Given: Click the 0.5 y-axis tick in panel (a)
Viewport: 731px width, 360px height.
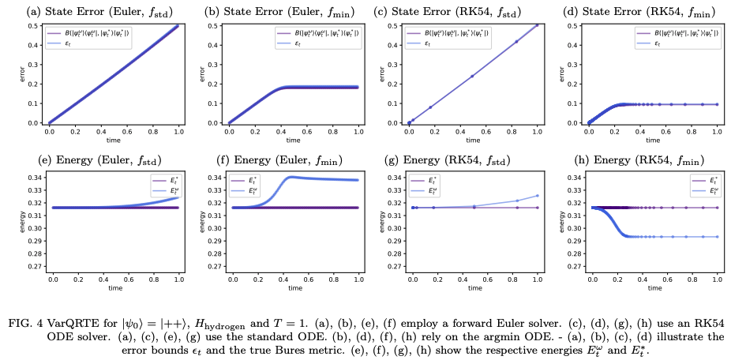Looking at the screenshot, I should click(x=36, y=26).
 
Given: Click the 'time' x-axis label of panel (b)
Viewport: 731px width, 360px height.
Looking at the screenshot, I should click(x=293, y=141).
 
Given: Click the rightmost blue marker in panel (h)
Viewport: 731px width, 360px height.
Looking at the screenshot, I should click(x=717, y=236).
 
